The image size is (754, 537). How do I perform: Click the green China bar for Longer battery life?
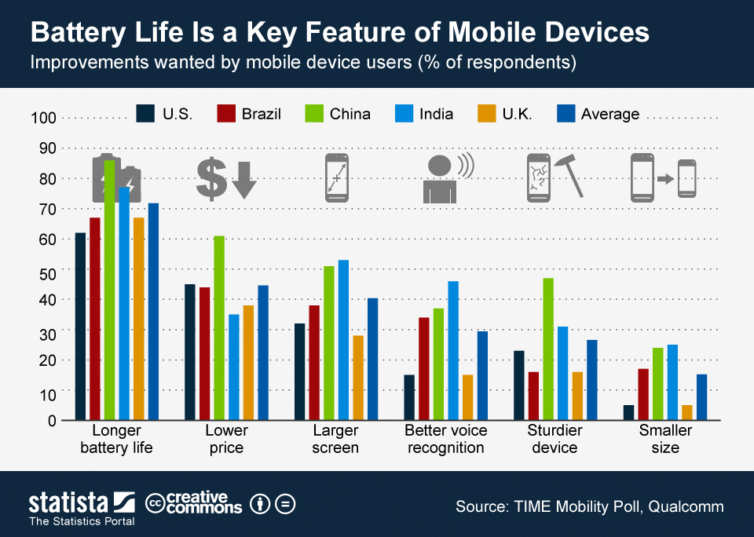point(109,290)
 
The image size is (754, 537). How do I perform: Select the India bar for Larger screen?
point(343,340)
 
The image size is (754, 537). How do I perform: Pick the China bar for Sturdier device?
point(548,349)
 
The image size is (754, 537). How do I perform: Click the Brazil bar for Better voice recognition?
point(424,369)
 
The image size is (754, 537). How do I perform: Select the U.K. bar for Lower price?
point(248,363)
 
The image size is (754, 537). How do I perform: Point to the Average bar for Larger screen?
point(372,360)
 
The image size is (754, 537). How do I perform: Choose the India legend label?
point(436,114)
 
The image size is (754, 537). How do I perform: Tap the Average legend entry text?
point(609,114)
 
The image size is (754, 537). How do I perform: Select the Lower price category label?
point(226,439)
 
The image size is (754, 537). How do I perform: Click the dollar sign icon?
point(210,178)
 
